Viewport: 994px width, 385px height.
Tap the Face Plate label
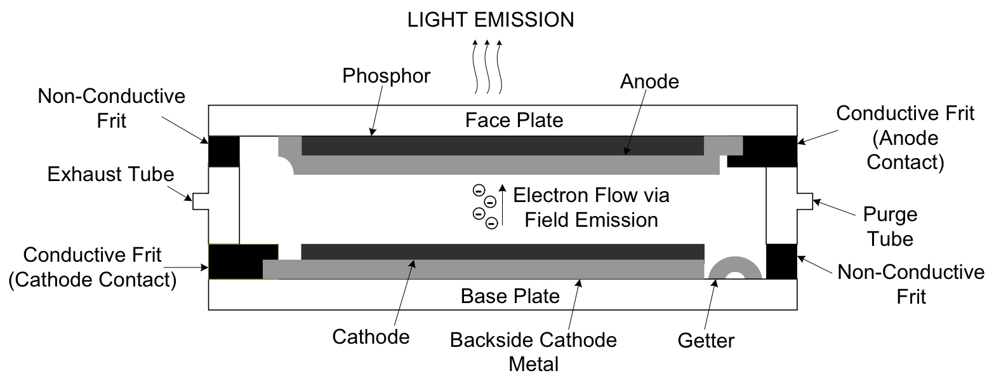click(x=514, y=120)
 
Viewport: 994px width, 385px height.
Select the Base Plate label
click(x=510, y=296)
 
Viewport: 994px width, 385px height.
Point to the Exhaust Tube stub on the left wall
click(x=200, y=201)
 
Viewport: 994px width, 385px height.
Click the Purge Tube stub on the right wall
click(x=805, y=201)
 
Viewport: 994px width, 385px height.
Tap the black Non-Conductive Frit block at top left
click(x=224, y=151)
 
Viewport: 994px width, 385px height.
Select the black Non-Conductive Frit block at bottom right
click(x=781, y=261)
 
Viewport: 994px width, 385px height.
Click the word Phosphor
click(x=387, y=76)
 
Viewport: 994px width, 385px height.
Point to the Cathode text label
click(x=371, y=336)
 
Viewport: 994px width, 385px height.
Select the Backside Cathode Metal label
click(x=533, y=352)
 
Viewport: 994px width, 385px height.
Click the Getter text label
click(x=706, y=341)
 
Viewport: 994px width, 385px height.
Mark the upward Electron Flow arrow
click(x=503, y=205)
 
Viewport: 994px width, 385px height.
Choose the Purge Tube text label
click(x=894, y=226)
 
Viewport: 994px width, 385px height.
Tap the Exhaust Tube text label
click(x=110, y=174)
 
